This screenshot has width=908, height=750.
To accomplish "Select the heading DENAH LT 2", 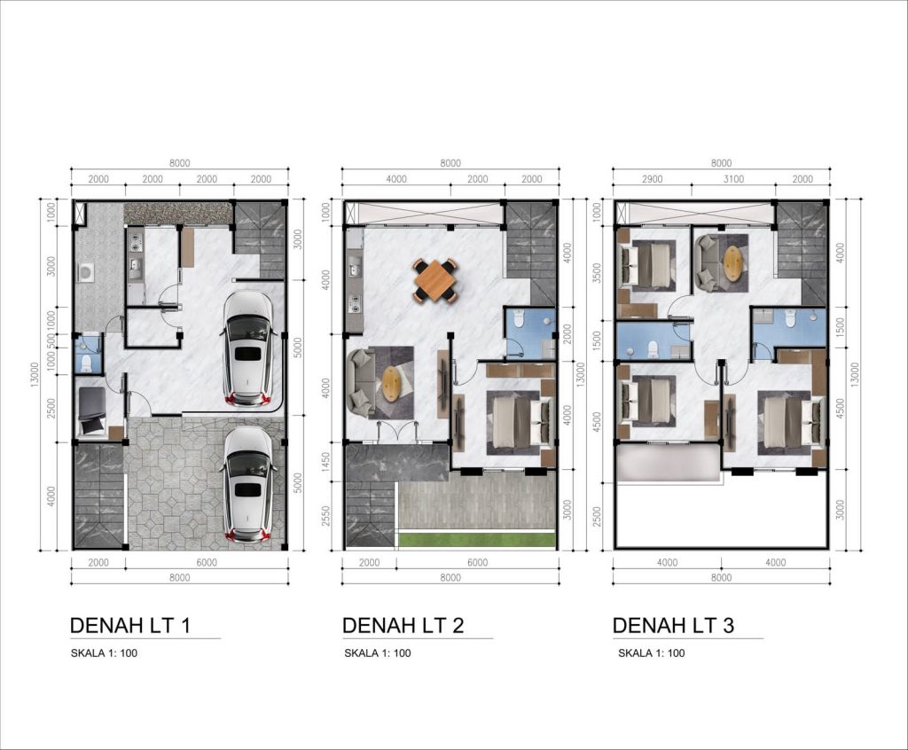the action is [x=403, y=626].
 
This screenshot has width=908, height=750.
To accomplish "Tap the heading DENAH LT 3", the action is [x=674, y=626].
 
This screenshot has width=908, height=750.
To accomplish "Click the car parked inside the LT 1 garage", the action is [x=248, y=349].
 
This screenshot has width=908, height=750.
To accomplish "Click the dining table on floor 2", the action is [x=435, y=281].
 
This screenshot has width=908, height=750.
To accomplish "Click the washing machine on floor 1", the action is [x=87, y=272].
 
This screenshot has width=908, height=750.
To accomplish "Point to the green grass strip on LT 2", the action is [x=477, y=540].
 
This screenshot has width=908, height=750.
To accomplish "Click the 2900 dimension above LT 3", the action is [x=652, y=179].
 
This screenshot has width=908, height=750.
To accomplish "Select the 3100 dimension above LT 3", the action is [x=733, y=179].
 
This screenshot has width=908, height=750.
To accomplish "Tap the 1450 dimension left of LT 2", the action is [x=325, y=464].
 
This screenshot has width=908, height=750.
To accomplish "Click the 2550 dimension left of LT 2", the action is [x=325, y=517].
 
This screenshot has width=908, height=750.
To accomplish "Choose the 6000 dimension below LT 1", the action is [x=207, y=562].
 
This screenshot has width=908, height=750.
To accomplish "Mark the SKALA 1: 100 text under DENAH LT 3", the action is [x=652, y=653].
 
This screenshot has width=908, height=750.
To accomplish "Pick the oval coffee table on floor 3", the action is [x=733, y=263].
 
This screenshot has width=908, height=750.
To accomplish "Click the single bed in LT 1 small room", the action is [x=91, y=410].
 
